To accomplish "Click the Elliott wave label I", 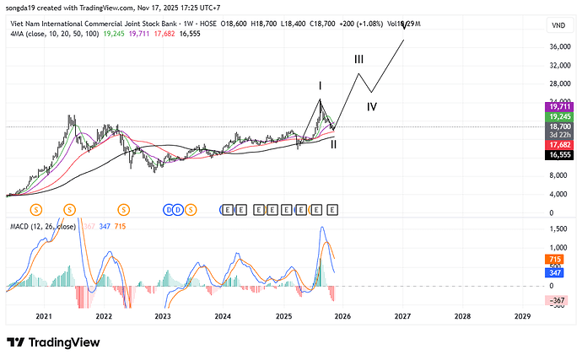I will (321, 86).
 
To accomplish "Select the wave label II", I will (335, 144).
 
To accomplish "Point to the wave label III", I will (358, 60).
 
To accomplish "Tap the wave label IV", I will (371, 107).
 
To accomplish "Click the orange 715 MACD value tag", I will (556, 259).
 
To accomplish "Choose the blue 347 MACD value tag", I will (556, 273).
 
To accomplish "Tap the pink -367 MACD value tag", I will (557, 300).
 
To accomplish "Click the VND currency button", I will (558, 26).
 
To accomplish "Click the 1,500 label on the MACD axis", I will (557, 229).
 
